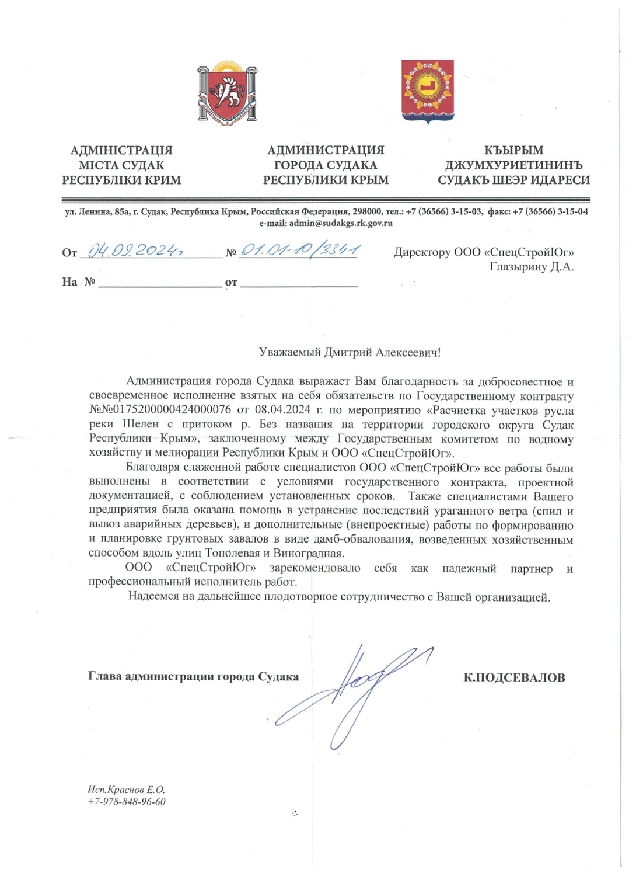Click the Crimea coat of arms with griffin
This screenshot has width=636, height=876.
227,93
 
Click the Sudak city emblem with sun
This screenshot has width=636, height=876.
428,92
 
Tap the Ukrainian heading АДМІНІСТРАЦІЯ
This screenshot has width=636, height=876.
121,151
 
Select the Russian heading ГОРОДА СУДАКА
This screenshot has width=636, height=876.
326,165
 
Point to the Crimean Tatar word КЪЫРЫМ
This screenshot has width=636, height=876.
513,151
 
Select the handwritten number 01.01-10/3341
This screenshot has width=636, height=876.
299,251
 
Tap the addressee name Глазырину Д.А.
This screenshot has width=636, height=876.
531,267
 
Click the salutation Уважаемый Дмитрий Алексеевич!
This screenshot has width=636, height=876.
350,353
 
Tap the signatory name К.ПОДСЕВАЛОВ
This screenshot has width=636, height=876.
514,678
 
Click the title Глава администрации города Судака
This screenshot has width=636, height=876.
193,677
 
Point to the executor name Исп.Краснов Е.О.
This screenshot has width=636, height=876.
126,790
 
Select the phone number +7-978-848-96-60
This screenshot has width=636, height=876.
126,802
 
